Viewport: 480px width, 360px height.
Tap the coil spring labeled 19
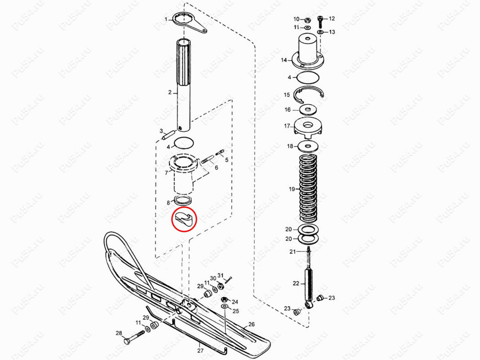click(x=308, y=188)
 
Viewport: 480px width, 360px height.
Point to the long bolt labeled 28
click(x=134, y=337)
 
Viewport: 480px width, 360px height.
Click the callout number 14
click(x=284, y=60)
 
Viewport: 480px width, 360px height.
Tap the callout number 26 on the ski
click(x=251, y=324)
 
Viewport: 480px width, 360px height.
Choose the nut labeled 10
click(x=307, y=20)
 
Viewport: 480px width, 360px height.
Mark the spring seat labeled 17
click(x=308, y=127)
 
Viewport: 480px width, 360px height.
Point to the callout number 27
click(x=200, y=351)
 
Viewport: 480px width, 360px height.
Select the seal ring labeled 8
click(x=183, y=201)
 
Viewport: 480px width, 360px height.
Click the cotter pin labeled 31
click(x=228, y=279)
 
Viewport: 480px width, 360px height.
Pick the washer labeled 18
click(x=308, y=146)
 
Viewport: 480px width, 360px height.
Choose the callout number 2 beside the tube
click(x=170, y=92)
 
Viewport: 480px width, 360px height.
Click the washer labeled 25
click(x=224, y=307)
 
